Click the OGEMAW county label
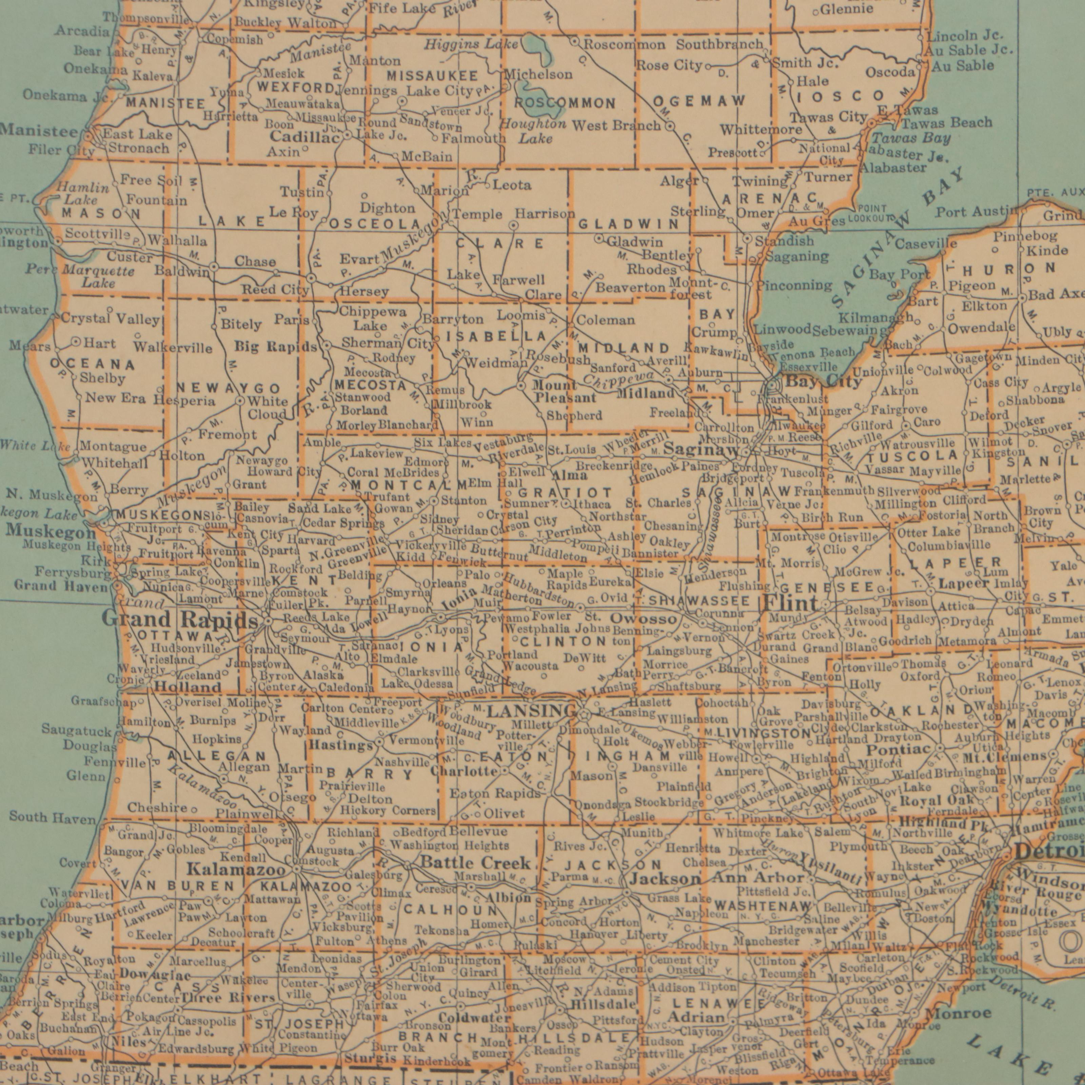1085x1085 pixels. [x=699, y=101]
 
